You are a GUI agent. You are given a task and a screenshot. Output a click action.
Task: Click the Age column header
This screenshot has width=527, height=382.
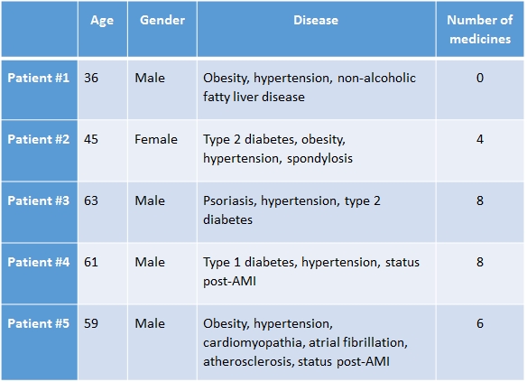click(102, 21)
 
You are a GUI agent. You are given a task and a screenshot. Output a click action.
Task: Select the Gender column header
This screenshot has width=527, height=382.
click(162, 20)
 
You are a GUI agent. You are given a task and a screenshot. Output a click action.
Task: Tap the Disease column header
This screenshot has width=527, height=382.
click(316, 20)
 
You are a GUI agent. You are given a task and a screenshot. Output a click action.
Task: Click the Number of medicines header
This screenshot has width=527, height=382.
click(480, 30)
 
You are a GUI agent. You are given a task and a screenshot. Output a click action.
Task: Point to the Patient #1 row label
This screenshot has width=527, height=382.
click(38, 78)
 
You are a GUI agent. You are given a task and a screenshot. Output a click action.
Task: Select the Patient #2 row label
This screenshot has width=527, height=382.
click(38, 139)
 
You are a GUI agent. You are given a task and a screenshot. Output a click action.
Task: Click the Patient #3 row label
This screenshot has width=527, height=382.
click(38, 200)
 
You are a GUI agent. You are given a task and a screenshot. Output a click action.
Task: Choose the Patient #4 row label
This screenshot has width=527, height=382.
click(38, 262)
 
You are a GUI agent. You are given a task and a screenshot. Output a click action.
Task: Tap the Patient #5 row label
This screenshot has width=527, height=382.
click(38, 323)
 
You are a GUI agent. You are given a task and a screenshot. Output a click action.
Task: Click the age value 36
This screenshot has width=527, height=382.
click(91, 78)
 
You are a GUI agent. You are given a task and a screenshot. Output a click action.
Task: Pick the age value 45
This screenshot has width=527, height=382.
click(91, 139)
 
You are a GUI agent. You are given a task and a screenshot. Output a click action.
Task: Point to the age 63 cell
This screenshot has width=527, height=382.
click(91, 200)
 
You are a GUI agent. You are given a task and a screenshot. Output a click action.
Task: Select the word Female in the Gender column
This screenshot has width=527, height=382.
click(156, 139)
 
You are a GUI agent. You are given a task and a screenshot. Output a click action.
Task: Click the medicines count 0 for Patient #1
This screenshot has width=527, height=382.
click(480, 78)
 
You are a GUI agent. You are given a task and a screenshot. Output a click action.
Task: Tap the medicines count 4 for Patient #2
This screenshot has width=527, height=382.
click(480, 139)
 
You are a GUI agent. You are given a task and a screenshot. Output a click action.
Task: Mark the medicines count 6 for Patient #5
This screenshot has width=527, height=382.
click(480, 323)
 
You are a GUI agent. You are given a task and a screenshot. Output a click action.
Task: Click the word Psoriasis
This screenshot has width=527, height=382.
click(230, 201)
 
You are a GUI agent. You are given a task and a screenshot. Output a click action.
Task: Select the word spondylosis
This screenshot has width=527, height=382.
click(319, 159)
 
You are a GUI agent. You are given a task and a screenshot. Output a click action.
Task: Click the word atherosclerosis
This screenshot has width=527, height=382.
click(249, 362)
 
